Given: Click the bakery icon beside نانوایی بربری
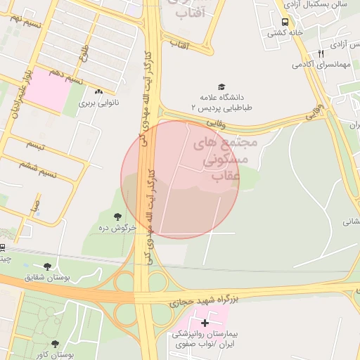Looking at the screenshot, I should coord(99,91).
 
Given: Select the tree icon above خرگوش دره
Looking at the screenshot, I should coord(117,216).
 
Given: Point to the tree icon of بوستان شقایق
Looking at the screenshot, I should coord(47,266).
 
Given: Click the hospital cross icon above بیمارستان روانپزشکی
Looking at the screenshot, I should coord(205,323).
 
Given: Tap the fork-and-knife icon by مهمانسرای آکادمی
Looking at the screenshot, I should coord(321,53).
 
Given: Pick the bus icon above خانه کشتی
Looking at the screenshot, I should coord(285,22).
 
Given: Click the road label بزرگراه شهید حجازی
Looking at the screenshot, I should coord(204,300).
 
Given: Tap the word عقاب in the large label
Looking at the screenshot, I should coord(226,177).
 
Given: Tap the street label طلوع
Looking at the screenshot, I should coord(85,51).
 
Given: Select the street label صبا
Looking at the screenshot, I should coord(34,205).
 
